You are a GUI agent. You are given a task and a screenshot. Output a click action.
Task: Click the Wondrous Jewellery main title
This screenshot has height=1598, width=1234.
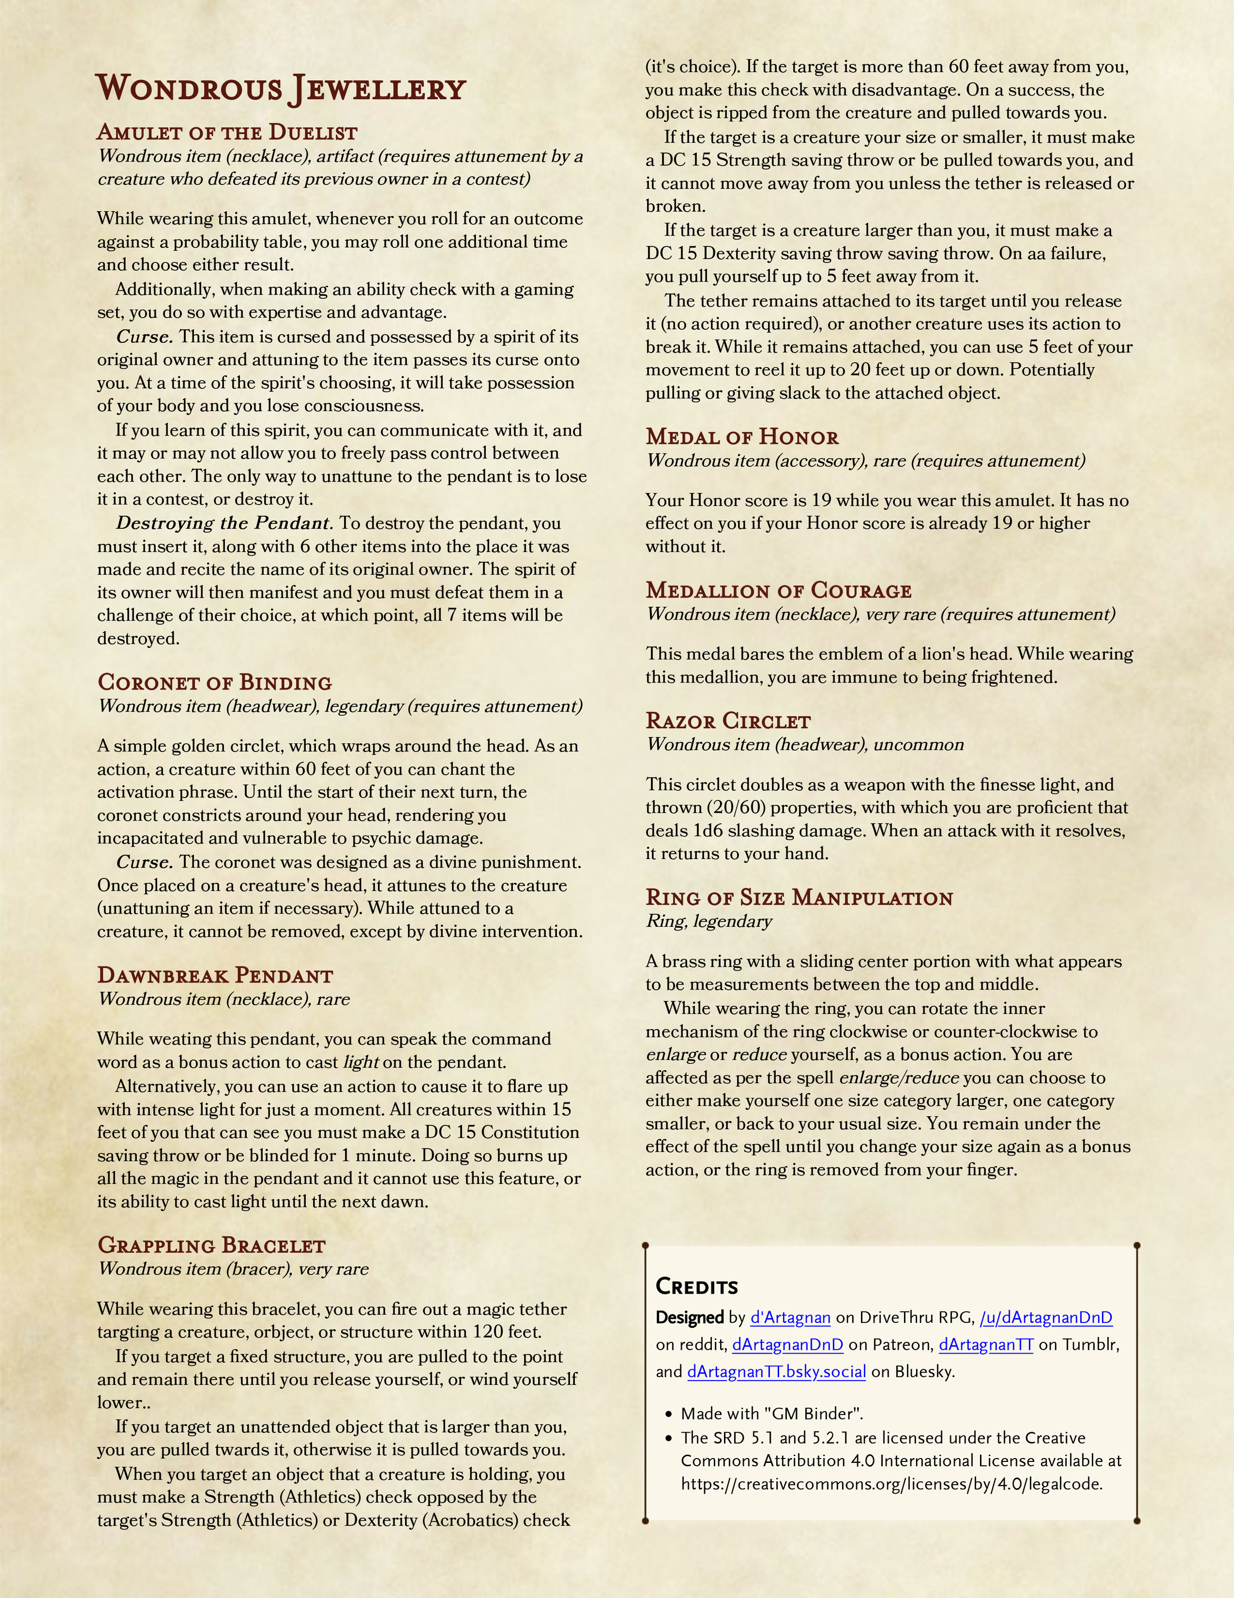click(280, 89)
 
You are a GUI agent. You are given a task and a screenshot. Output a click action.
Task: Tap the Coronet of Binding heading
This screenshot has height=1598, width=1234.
click(215, 683)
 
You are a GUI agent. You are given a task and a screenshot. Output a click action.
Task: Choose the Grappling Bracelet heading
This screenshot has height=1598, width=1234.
click(212, 1245)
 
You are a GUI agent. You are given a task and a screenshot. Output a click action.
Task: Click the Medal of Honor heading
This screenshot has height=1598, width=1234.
click(742, 437)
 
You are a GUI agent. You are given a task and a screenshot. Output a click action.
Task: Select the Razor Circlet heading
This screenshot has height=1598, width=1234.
click(728, 721)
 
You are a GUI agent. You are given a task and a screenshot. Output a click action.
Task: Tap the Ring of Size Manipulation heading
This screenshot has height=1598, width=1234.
click(799, 898)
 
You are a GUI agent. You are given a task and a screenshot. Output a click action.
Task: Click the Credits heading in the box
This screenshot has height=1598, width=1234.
click(696, 1286)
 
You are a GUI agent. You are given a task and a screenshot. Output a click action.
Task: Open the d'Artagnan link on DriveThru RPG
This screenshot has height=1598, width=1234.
click(790, 1318)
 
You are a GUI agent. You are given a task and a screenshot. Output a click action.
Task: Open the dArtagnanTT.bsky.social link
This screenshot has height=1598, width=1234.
click(776, 1371)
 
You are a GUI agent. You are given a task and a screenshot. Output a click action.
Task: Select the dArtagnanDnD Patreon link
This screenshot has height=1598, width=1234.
click(788, 1345)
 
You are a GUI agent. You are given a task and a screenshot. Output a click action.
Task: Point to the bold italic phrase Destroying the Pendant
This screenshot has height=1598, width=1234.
click(224, 523)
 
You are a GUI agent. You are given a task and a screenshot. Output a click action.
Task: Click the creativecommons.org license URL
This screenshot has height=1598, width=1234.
click(891, 1484)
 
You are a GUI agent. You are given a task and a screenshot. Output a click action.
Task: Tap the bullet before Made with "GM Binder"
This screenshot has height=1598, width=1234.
click(668, 1415)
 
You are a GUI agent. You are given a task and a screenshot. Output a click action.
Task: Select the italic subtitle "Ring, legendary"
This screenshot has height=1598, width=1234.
click(709, 921)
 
